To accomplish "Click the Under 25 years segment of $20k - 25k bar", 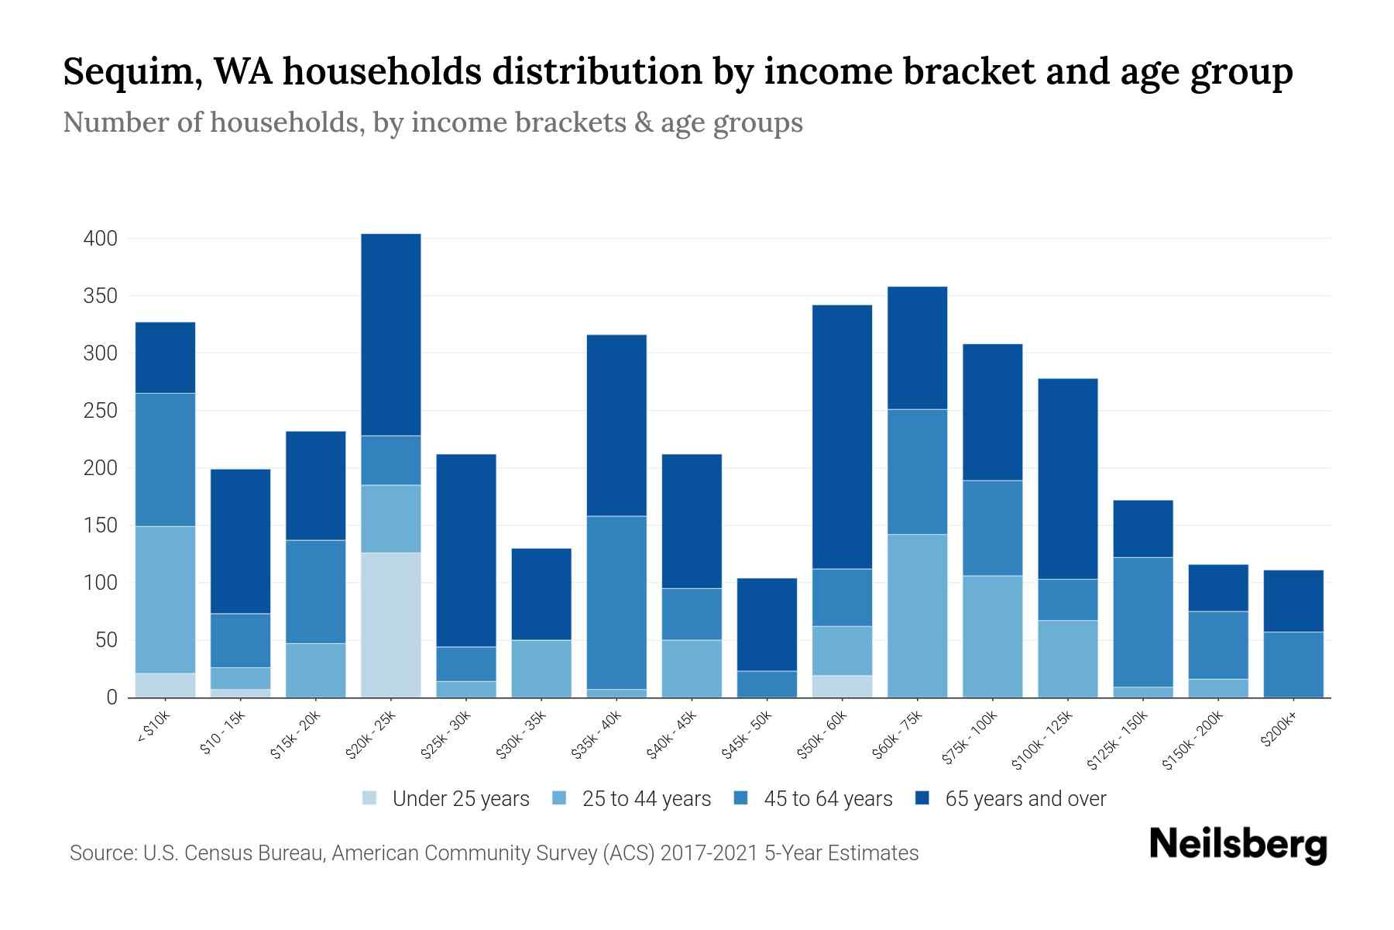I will pos(391,625).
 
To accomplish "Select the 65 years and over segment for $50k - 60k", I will pos(842,436).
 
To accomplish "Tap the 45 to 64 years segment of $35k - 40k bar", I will pos(616,602).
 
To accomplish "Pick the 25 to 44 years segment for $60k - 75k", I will pos(917,615).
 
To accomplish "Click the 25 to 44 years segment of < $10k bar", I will pos(165,599).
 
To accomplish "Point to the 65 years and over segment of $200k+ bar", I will pos(1293,601).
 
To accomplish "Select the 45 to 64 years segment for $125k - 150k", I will pos(1143,622).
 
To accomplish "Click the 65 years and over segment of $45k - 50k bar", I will pos(767,624).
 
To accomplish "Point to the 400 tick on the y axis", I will pos(101,239).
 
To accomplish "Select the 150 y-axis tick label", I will pos(101,525).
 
